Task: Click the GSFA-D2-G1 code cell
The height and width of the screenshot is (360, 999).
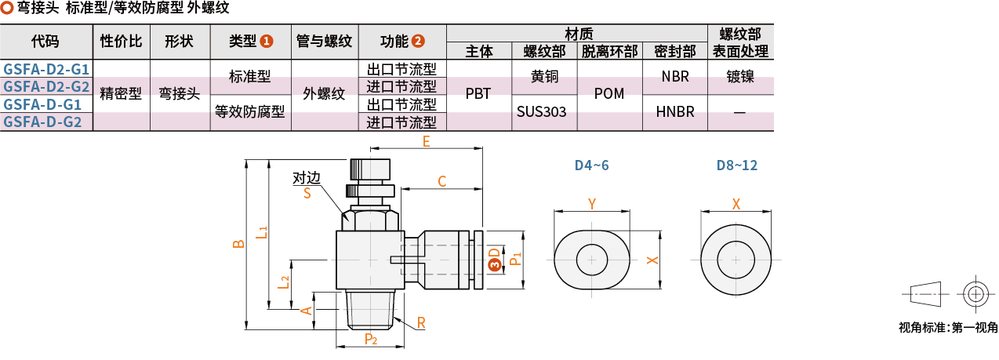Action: click(x=46, y=69)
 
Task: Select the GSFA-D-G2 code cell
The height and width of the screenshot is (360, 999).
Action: click(x=46, y=122)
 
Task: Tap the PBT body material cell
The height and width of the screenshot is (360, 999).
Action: click(x=478, y=94)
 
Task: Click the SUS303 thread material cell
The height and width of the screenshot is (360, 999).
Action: click(x=541, y=112)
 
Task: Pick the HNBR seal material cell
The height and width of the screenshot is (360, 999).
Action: click(x=675, y=112)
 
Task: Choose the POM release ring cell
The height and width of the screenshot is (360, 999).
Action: click(x=609, y=94)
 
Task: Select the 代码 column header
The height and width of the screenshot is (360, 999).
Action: click(x=45, y=42)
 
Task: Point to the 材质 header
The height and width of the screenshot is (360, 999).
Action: click(x=579, y=33)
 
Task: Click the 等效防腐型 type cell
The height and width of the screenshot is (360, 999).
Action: click(x=250, y=112)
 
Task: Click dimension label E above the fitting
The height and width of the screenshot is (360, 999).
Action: click(x=427, y=142)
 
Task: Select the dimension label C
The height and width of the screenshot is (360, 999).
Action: click(x=441, y=182)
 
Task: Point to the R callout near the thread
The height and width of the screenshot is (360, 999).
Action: click(x=421, y=322)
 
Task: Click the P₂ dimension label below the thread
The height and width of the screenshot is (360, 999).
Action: click(x=371, y=340)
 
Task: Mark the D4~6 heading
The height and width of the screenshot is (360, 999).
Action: click(x=591, y=165)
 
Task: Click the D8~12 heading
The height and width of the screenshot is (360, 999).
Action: click(x=737, y=165)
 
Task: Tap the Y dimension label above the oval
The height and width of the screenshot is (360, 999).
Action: click(x=592, y=204)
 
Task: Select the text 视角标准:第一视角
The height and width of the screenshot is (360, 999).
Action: click(x=948, y=328)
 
